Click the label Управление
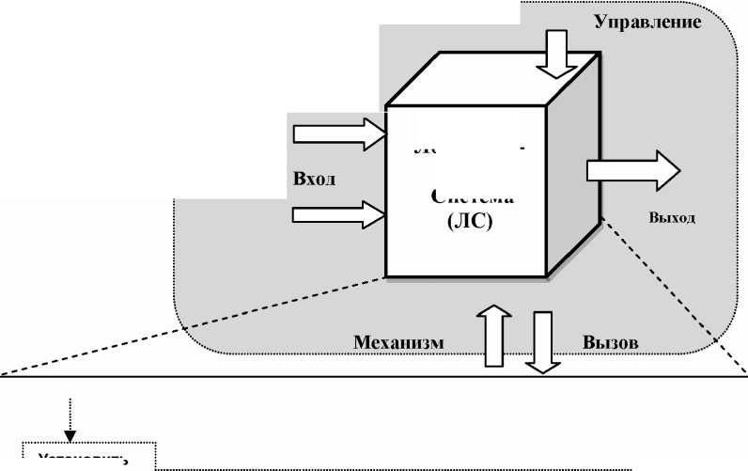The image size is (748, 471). click(647, 22)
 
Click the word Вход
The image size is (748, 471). click(314, 180)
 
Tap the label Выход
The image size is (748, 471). click(671, 217)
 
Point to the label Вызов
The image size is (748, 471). click(610, 342)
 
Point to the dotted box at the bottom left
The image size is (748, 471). click(88, 454)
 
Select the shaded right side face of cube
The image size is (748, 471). click(573, 169)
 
